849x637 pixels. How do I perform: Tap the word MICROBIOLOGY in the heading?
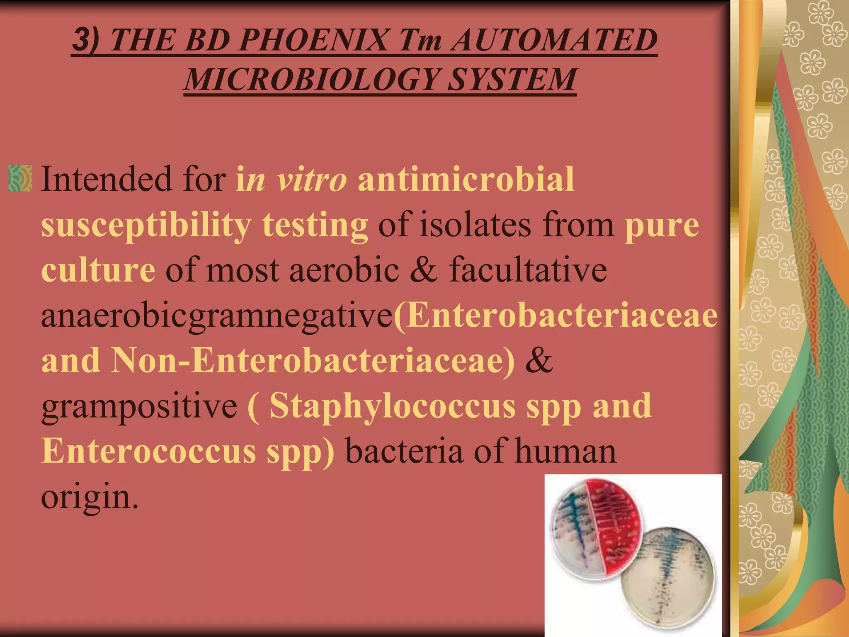point(311,79)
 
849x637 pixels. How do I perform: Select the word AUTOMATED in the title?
point(554,40)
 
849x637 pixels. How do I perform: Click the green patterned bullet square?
point(20,178)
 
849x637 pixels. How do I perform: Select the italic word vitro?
point(311,179)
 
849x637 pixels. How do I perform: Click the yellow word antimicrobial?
point(466,179)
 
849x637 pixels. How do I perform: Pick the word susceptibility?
point(146,225)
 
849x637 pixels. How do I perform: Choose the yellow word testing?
point(315,225)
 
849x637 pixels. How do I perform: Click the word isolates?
point(475,225)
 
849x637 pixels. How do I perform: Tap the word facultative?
point(528,270)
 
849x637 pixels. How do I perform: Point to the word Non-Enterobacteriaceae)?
point(313,360)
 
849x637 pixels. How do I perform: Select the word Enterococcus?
point(148,451)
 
